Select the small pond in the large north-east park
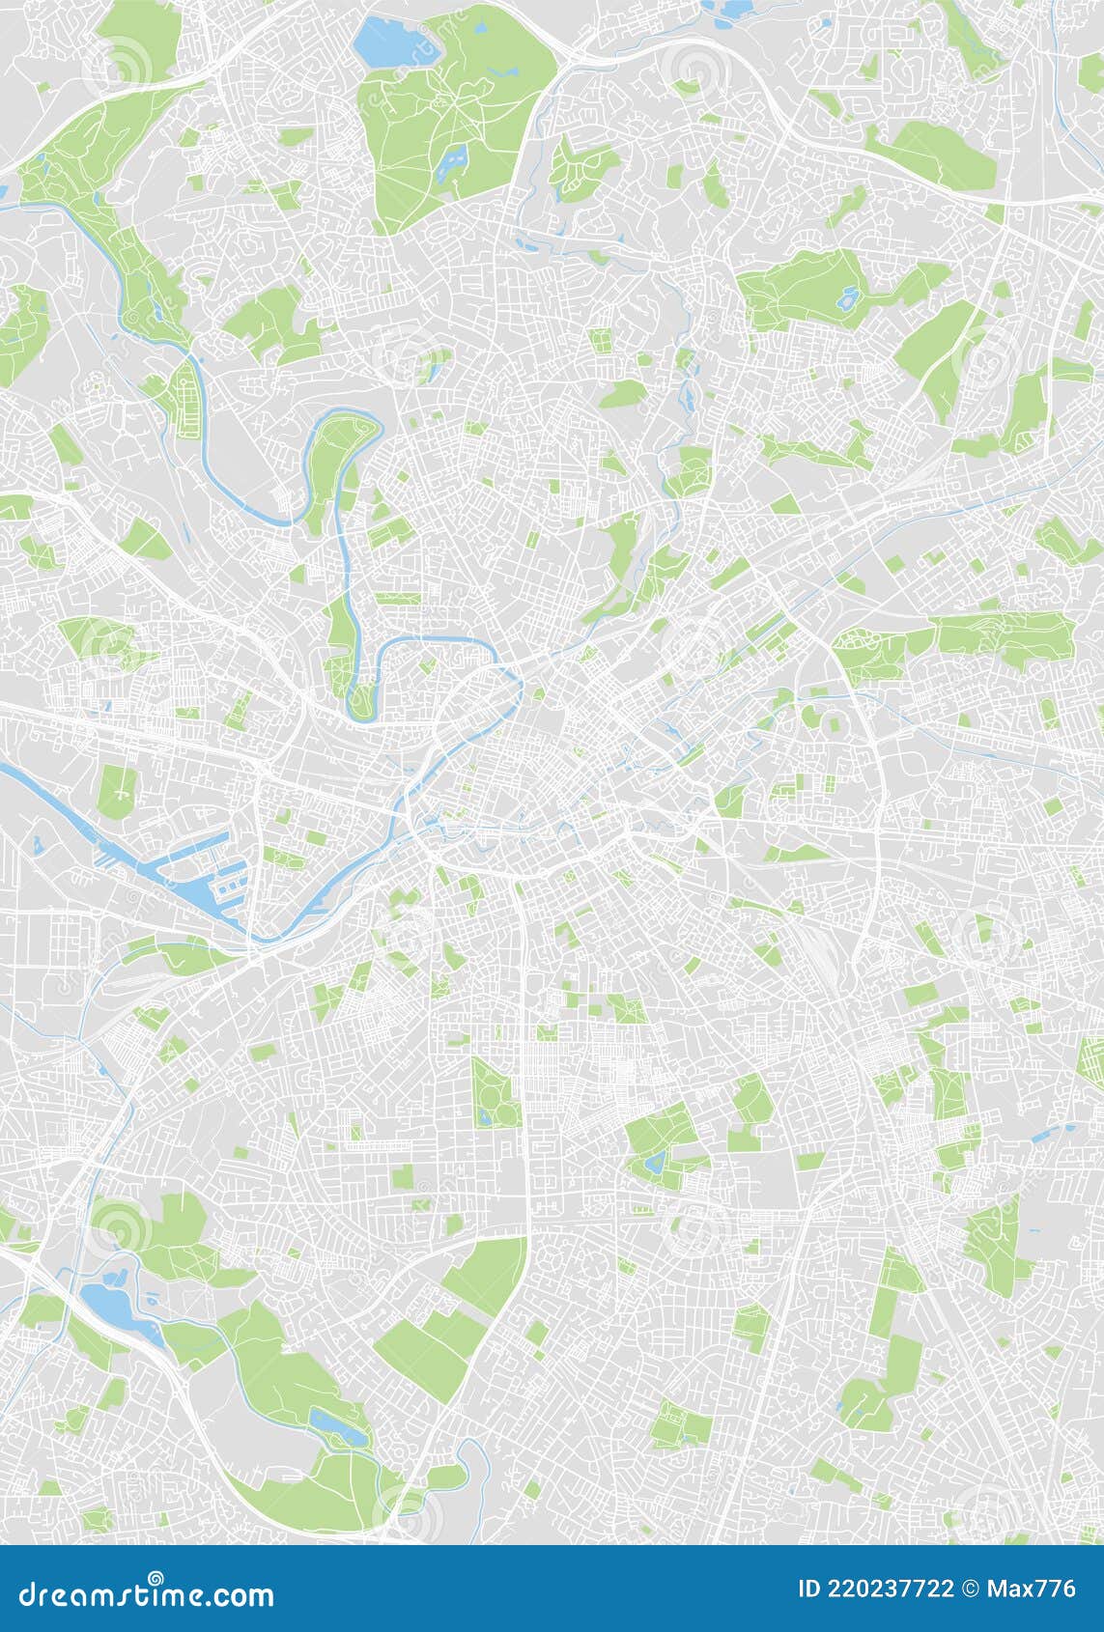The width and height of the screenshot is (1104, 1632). [x=848, y=298]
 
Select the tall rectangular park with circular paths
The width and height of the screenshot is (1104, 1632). [x=495, y=1091]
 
